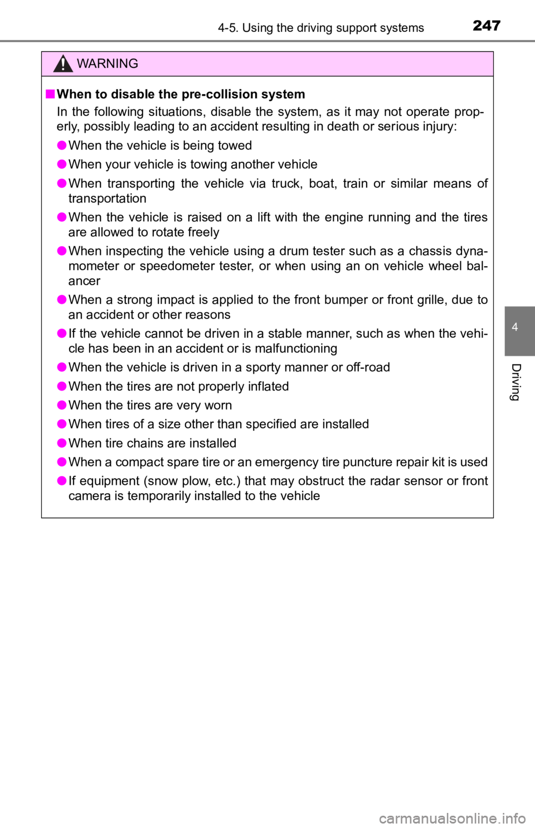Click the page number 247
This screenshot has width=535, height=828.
tap(487, 26)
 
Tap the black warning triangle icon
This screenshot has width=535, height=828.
tap(63, 63)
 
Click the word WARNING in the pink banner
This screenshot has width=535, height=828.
tap(108, 64)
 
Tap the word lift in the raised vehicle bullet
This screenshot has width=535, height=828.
tap(264, 217)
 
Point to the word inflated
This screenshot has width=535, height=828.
tap(268, 386)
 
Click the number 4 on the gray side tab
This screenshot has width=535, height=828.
tap(515, 327)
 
